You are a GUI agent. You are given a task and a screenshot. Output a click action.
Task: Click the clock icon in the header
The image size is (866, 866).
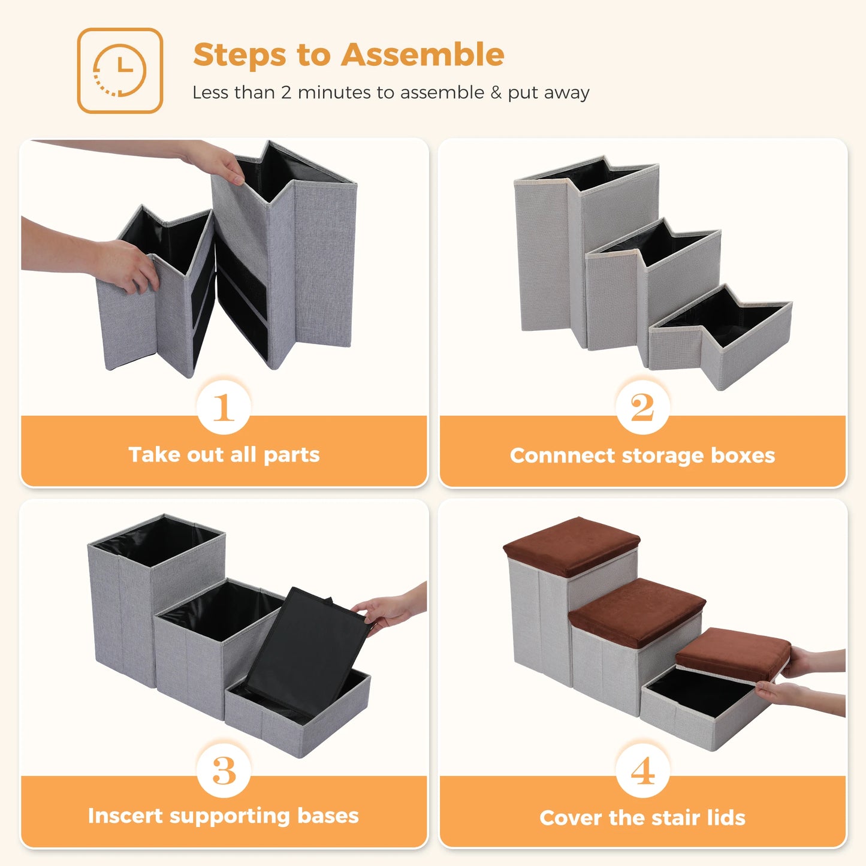[120, 70]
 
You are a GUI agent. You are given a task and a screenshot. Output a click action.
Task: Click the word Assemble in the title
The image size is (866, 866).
[423, 55]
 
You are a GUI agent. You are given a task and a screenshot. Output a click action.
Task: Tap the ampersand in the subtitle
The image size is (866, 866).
[496, 93]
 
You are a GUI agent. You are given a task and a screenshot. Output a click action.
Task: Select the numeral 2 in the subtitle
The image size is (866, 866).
[286, 93]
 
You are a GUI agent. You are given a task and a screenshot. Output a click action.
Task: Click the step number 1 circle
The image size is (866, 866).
[224, 408]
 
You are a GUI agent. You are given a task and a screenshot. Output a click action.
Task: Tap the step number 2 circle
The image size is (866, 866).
[642, 408]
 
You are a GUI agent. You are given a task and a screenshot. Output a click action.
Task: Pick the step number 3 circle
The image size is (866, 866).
[224, 770]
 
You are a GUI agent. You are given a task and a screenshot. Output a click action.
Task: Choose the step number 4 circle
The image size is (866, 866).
[642, 770]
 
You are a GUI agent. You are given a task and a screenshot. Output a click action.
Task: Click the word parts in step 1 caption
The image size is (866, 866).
[291, 455]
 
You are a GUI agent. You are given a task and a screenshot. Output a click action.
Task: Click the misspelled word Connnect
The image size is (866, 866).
[562, 455]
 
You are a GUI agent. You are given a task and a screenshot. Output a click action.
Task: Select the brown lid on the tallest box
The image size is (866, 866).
[571, 545]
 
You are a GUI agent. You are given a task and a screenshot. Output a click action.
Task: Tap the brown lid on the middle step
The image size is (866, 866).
[637, 611]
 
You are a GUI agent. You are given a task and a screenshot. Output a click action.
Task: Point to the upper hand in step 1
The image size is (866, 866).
[216, 161]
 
